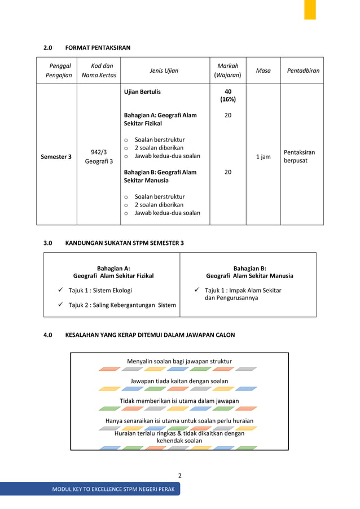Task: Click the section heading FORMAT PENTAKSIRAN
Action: pos(98,48)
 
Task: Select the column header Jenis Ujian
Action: pos(164,71)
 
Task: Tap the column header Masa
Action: pos(263,71)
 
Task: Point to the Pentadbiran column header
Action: pos(302,71)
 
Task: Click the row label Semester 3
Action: pos(55,156)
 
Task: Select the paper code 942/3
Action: pos(99,151)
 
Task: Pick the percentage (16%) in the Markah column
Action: pos(228,99)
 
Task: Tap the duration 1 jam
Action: pos(263,156)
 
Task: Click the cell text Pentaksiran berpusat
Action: pos(299,156)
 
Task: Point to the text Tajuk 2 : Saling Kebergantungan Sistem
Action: pos(122,305)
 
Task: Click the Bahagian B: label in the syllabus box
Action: pos(249,269)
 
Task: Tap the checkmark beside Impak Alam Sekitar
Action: pos(196,290)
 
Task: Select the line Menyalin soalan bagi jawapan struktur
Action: pos(179,361)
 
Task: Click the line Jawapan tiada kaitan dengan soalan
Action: pos(179,381)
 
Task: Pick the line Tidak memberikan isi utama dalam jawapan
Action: pos(179,401)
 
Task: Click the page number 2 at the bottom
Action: pos(179,475)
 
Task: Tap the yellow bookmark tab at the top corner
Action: pos(310,10)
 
